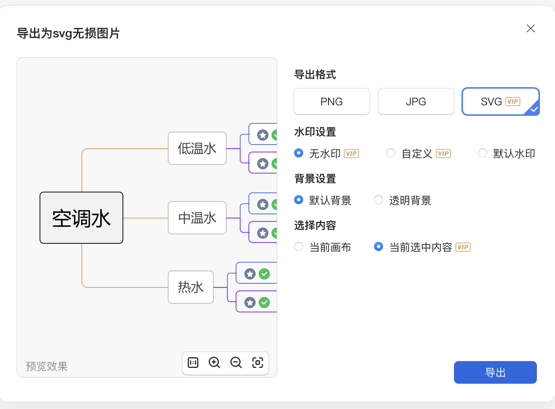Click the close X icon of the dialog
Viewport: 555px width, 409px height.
point(530,28)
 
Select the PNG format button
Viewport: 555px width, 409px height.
point(331,101)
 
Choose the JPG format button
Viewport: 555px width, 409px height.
point(416,101)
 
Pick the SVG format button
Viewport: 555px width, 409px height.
point(500,101)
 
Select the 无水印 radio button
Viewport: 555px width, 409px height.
point(299,153)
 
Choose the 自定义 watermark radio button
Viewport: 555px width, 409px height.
point(391,153)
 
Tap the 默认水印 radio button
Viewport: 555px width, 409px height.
point(482,153)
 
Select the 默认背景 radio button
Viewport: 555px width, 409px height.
point(299,200)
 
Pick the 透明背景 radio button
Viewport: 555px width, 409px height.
point(378,200)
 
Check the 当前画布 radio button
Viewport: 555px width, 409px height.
point(299,247)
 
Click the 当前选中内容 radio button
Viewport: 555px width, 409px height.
point(378,247)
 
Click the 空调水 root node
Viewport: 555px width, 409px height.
point(81,218)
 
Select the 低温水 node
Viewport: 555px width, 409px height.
point(197,148)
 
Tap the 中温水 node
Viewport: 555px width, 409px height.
point(197,218)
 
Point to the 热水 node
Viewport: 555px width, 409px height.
point(190,287)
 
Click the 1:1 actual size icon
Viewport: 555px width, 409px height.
point(193,363)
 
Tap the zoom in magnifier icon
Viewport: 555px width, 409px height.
point(214,363)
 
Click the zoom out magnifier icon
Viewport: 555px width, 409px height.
point(236,363)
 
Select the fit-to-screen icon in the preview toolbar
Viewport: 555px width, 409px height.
point(258,363)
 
